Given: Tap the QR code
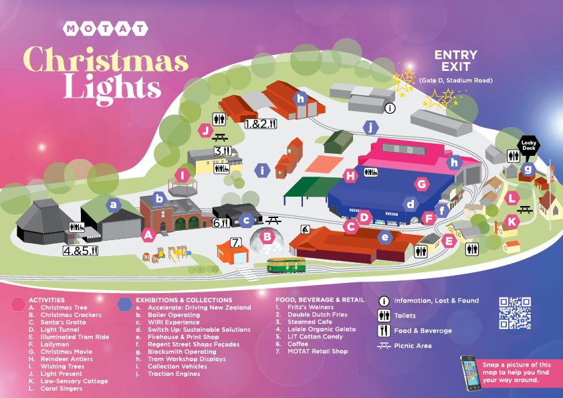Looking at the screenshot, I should pos(515,313).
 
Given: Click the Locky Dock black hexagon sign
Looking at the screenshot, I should pos(529,145).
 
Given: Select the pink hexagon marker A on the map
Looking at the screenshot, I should pos(148,234).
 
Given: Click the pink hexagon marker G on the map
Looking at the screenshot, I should pos(421,183).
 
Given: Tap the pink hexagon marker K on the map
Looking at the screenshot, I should pos(512,221).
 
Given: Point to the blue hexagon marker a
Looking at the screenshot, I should pos(114,204).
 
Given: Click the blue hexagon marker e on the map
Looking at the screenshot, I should pos(384,237).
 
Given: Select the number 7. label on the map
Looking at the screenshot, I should pos(236,242).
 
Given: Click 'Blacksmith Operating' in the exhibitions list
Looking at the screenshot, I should pos(175,352).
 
